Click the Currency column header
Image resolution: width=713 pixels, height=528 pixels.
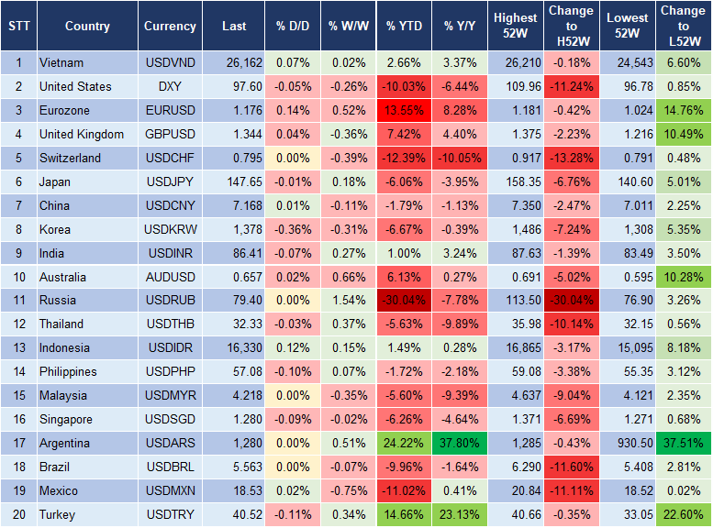point(170,27)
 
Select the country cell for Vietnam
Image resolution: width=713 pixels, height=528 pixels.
point(62,63)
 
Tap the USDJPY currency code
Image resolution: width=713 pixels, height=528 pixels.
point(170,181)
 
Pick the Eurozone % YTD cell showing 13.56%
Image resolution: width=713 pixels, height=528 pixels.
point(405,111)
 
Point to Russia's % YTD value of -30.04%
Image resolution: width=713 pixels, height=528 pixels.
point(405,300)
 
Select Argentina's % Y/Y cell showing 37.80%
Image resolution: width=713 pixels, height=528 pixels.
point(462,443)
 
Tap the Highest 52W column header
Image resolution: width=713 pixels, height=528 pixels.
point(516,27)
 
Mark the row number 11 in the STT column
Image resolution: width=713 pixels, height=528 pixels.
point(17,300)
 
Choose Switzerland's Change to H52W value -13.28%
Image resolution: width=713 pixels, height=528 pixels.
point(571,158)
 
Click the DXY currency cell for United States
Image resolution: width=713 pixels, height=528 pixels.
point(170,87)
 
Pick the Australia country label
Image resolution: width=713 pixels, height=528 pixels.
point(63,277)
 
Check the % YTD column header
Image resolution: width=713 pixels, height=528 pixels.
point(405,27)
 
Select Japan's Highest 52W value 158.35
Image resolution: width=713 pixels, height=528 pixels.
point(516,181)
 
